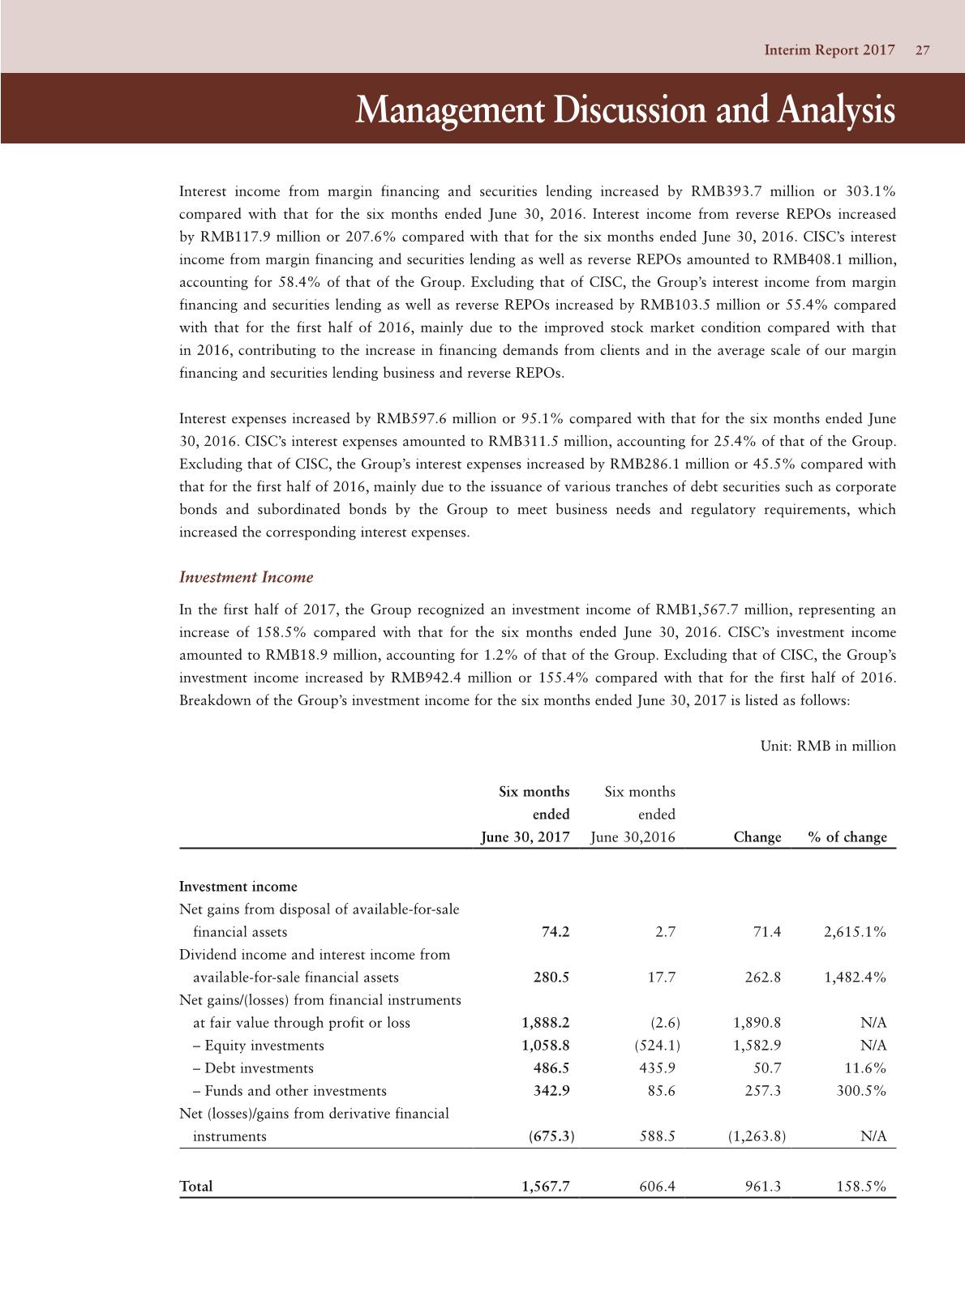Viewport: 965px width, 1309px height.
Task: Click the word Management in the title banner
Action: [x=442, y=110]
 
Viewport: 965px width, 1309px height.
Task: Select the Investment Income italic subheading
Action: [x=246, y=577]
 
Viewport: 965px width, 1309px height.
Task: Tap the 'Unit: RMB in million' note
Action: [x=828, y=746]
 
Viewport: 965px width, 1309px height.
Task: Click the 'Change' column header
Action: [x=757, y=837]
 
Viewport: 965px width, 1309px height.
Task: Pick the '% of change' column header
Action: [x=847, y=837]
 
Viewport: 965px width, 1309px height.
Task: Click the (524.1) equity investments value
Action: [x=656, y=1046]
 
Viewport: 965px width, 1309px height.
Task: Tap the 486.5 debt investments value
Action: [x=551, y=1068]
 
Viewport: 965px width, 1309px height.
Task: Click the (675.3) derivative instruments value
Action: [x=551, y=1136]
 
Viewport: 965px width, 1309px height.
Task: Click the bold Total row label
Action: [x=196, y=1187]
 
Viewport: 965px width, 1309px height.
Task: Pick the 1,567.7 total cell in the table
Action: [x=546, y=1187]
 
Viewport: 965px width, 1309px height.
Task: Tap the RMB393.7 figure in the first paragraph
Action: [x=724, y=192]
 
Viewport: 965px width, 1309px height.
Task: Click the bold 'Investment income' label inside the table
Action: [x=238, y=887]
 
